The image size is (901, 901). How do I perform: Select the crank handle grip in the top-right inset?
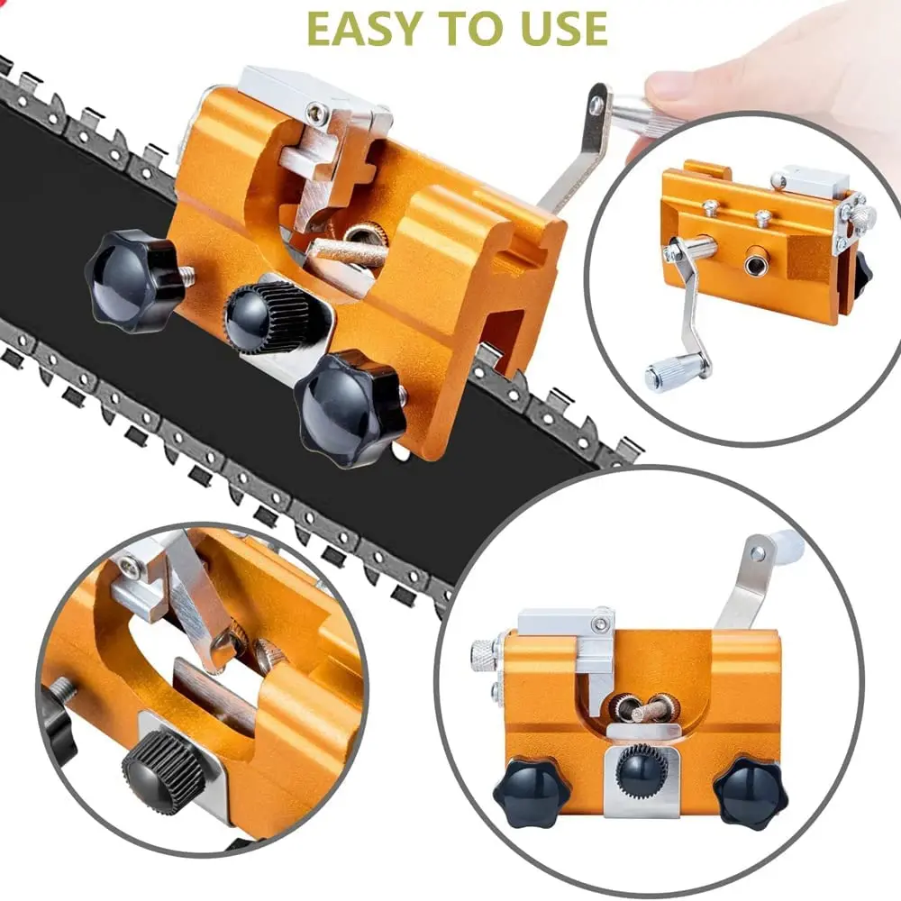(x=668, y=373)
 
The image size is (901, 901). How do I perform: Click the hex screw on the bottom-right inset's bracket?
(x=598, y=623)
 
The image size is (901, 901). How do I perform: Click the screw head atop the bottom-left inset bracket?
(x=130, y=567)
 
